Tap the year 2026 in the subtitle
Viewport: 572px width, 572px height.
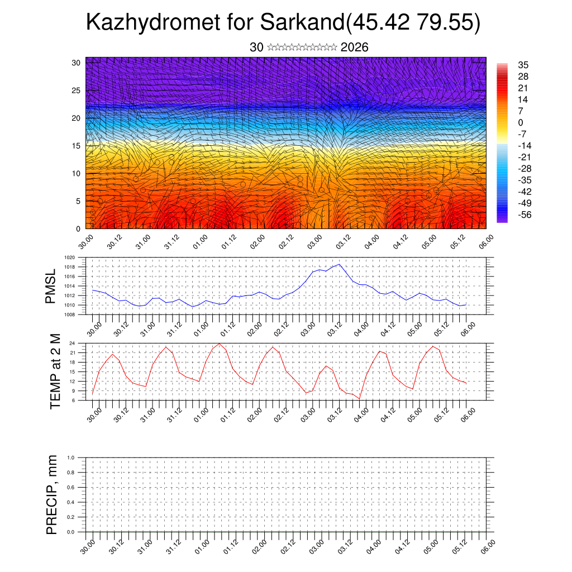(354, 47)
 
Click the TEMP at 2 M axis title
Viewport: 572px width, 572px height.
(55, 372)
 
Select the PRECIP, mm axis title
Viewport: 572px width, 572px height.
(52, 494)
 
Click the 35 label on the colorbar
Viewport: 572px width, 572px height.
(523, 65)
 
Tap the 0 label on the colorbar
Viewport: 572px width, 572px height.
(521, 122)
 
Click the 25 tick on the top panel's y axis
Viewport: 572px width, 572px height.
(77, 90)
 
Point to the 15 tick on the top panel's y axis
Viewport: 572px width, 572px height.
(77, 146)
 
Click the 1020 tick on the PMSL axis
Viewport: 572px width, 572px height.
(69, 258)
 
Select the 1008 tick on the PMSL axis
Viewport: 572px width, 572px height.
(69, 314)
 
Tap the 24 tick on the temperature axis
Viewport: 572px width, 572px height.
(72, 343)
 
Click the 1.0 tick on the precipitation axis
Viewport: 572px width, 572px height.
(71, 457)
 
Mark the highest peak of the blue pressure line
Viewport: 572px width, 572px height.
(339, 264)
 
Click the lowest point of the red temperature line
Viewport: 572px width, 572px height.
(360, 398)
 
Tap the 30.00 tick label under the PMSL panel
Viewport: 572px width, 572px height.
(93, 329)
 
